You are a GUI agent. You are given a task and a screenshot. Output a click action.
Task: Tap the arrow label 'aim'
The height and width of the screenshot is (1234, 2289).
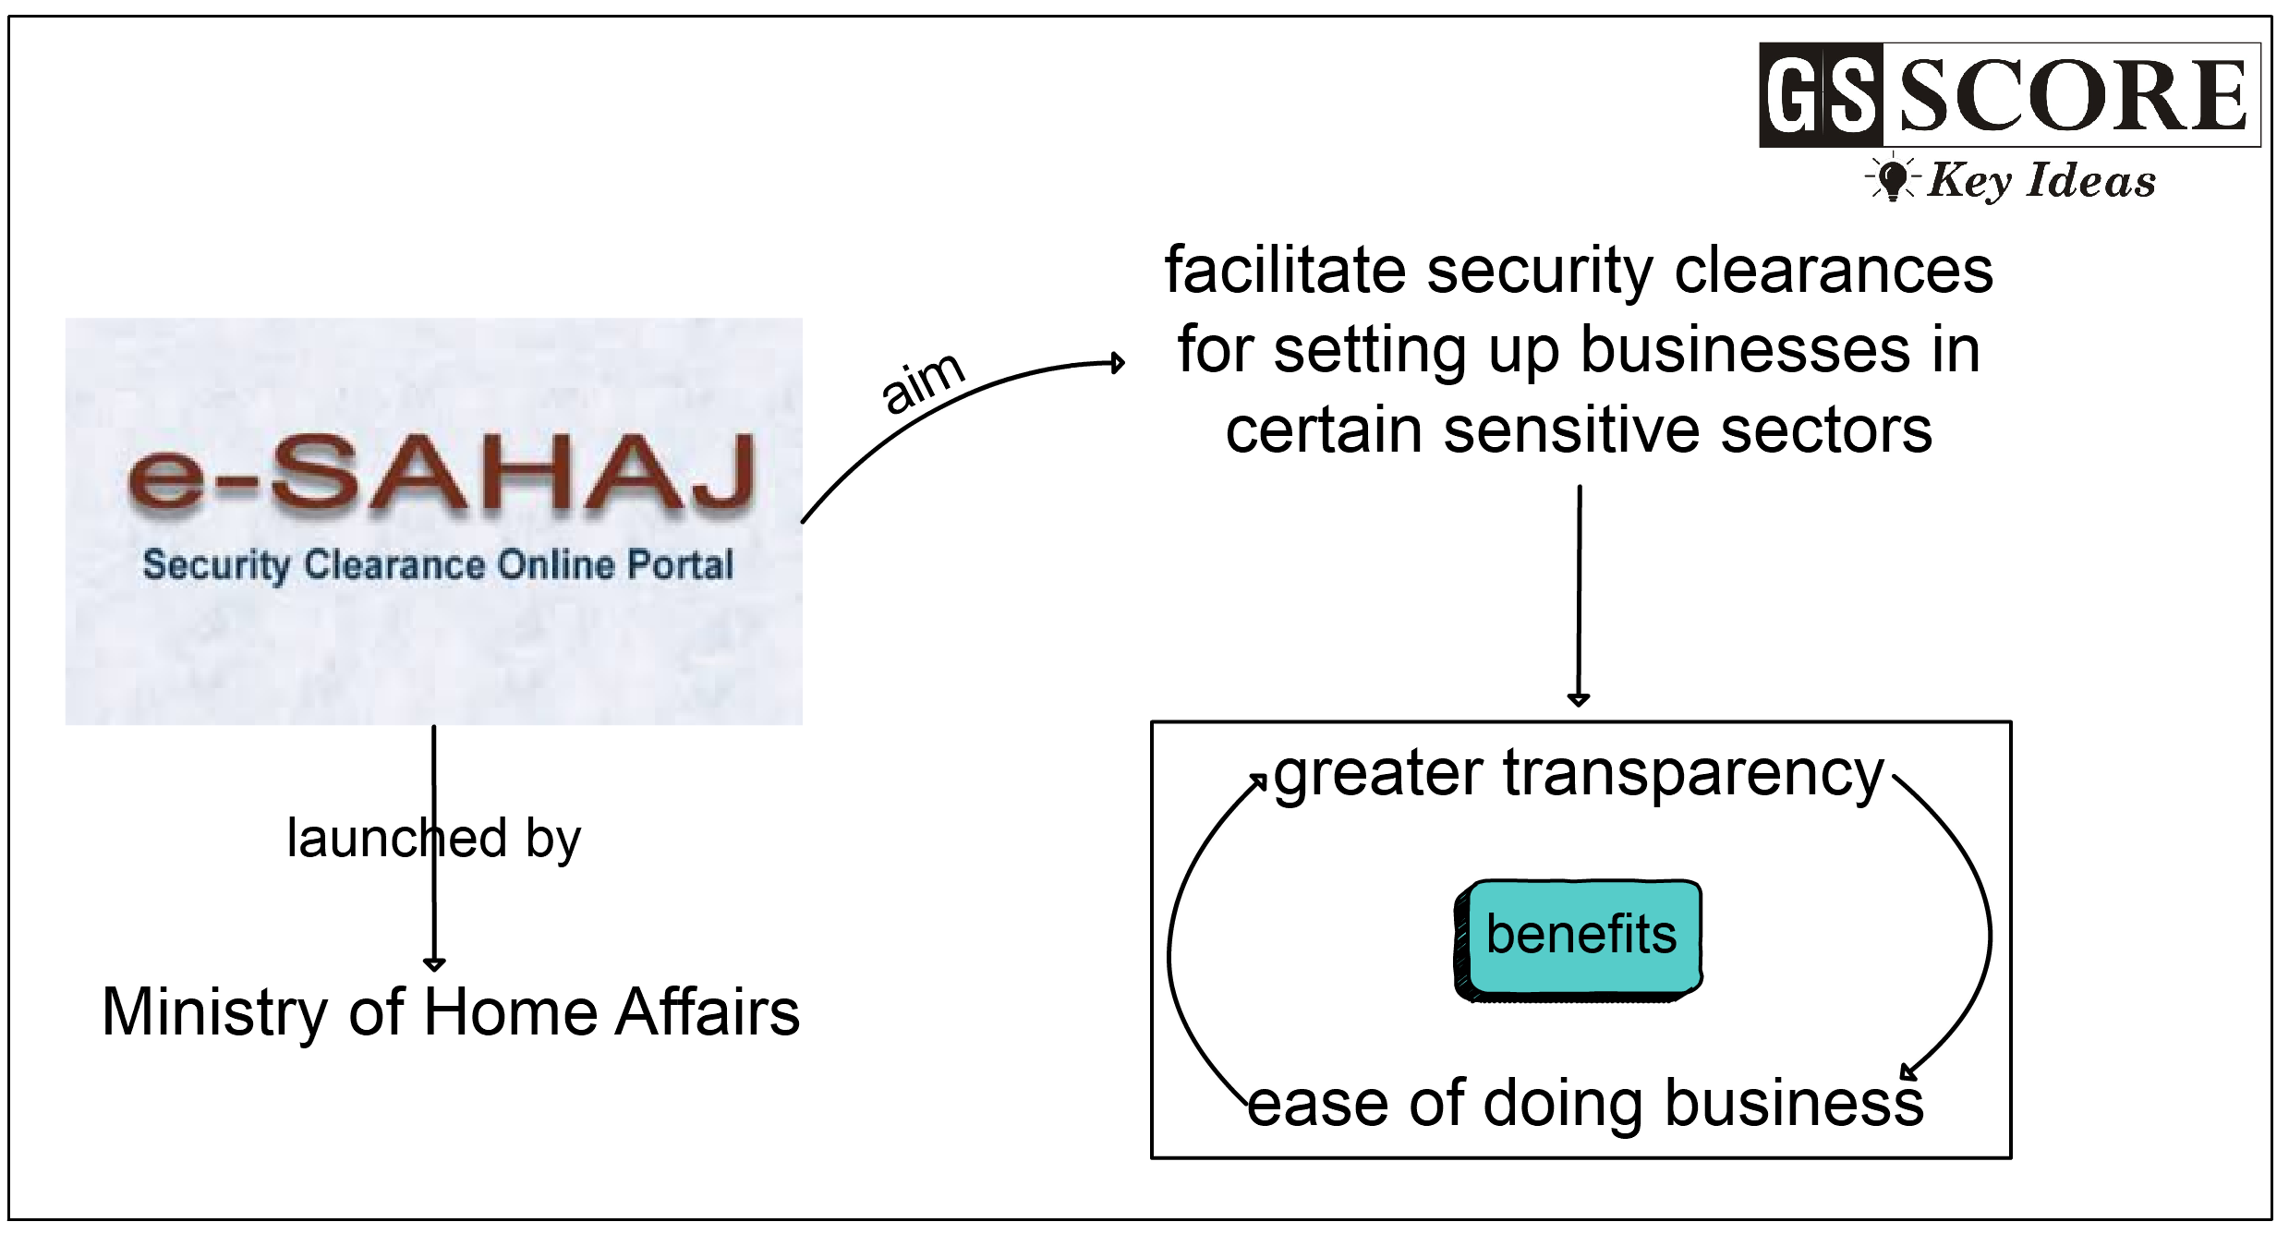pos(922,382)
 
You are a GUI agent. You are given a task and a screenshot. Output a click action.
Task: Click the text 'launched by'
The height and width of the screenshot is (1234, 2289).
pos(433,838)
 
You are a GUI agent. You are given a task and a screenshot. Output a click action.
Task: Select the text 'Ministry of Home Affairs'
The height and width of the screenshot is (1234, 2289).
pos(450,1011)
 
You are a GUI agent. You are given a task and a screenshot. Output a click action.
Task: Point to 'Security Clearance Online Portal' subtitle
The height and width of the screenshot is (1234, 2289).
pos(438,564)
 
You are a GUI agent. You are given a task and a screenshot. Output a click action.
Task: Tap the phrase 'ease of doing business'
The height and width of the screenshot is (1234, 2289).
pos(1584,1103)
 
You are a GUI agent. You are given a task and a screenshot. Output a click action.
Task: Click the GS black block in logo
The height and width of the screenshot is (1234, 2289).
pos(1821,95)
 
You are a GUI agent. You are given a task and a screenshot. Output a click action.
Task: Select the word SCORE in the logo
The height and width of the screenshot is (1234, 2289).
pos(2072,95)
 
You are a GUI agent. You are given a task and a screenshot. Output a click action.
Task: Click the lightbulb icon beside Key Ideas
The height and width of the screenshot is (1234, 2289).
pos(1893,178)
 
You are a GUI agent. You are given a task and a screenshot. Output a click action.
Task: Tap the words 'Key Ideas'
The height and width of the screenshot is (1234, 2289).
pos(2041,180)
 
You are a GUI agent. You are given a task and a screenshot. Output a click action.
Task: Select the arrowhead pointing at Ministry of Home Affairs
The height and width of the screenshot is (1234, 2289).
pos(434,964)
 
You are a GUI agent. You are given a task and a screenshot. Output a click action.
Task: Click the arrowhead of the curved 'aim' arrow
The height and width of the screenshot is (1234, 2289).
pos(1118,363)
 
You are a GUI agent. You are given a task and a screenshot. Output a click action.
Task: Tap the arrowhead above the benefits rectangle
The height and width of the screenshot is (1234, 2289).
pos(1579,699)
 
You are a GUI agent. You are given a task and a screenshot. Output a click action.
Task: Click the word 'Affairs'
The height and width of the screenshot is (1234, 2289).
pos(707,1011)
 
